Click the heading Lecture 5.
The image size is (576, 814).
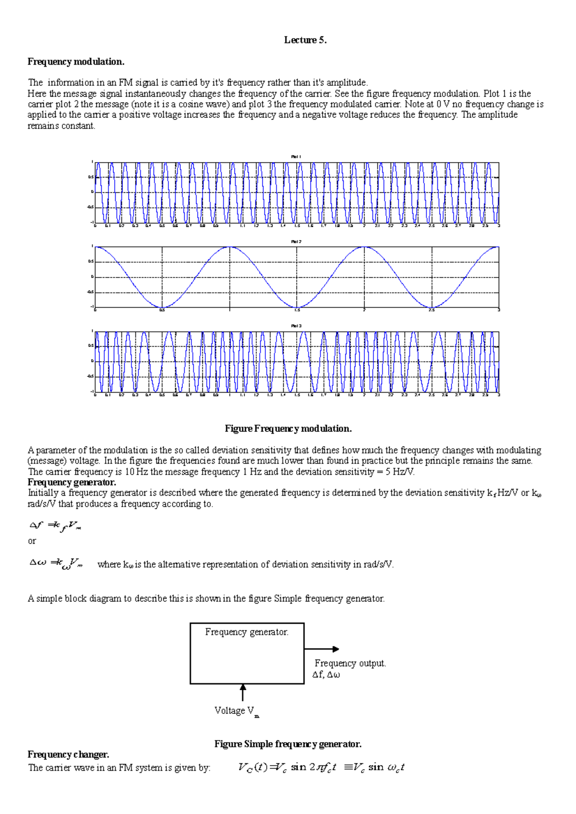click(x=305, y=40)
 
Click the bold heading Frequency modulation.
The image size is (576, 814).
click(x=76, y=61)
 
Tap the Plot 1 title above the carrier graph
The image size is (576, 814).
click(x=296, y=157)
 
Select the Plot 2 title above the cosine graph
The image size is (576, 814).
click(x=296, y=242)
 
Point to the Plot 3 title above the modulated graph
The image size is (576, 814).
click(x=296, y=326)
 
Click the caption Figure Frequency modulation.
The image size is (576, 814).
click(x=288, y=429)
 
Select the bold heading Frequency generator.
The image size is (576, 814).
click(x=72, y=482)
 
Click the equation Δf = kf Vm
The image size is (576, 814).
click(x=55, y=526)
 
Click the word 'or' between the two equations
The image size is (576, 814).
click(x=32, y=541)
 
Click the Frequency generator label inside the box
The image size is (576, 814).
click(x=247, y=632)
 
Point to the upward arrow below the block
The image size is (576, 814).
click(x=243, y=693)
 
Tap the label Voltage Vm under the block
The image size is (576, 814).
click(x=236, y=711)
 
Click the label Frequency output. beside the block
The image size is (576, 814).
click(x=350, y=663)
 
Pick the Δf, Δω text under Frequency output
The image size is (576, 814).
click(x=326, y=675)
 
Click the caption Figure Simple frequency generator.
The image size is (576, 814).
click(x=288, y=744)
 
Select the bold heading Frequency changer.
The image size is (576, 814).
click(x=68, y=755)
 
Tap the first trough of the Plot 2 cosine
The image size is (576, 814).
click(x=162, y=308)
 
